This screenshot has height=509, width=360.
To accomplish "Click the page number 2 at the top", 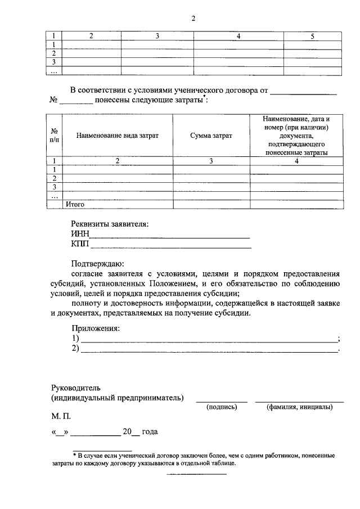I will point(193,18).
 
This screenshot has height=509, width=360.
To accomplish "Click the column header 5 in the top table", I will point(312,36).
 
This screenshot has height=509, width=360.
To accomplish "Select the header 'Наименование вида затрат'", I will point(117,136).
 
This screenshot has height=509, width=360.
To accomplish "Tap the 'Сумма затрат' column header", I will point(211,136).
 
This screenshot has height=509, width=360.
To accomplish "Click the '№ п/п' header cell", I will point(54,136).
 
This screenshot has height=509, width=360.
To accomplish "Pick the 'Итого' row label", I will point(75,205).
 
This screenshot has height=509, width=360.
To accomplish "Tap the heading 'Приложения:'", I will point(96,328).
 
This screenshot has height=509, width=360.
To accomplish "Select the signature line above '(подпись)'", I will point(221,401).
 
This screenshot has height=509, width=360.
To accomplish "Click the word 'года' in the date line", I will point(149,432).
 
